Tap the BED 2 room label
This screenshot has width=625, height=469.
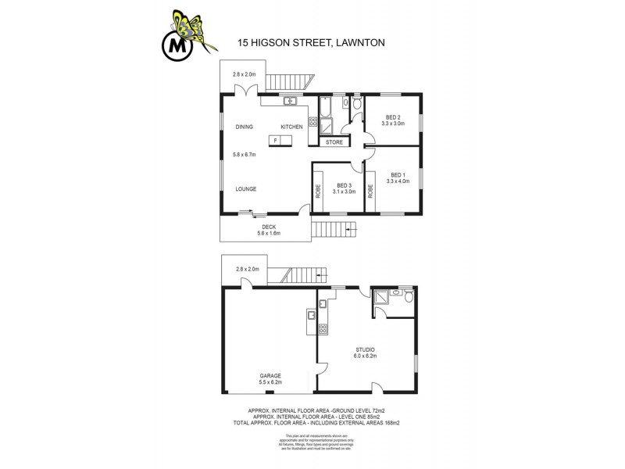[393, 117]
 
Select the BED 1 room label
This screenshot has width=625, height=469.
[397, 175]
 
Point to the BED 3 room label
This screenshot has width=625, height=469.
[344, 186]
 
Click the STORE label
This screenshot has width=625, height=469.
[334, 142]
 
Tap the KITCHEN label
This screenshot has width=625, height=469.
[292, 127]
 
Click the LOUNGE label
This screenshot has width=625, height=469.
[246, 189]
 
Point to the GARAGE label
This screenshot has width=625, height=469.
[270, 376]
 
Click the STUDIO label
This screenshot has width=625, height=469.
[366, 349]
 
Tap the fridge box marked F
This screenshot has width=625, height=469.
[276, 141]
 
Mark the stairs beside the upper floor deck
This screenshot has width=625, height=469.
[334, 230]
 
